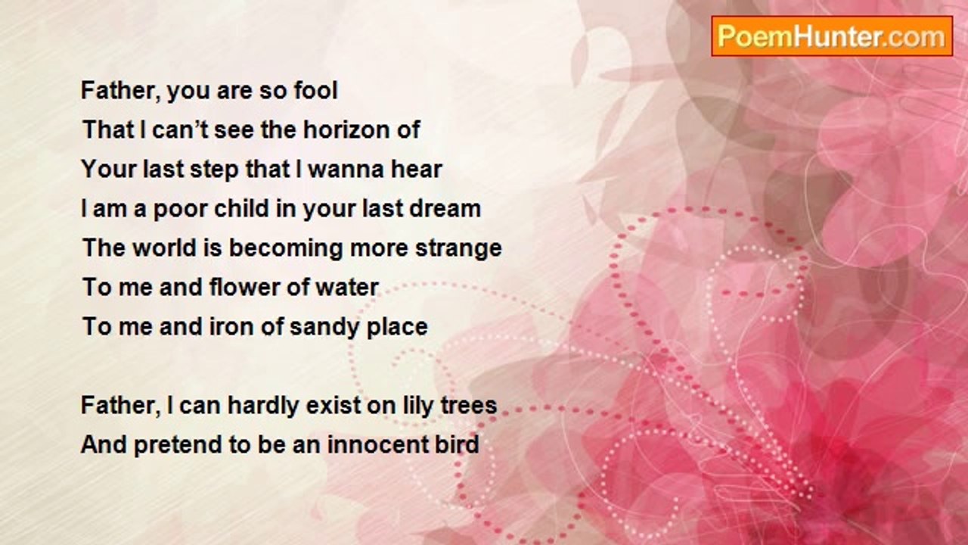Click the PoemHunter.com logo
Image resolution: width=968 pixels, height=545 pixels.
point(832,36)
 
